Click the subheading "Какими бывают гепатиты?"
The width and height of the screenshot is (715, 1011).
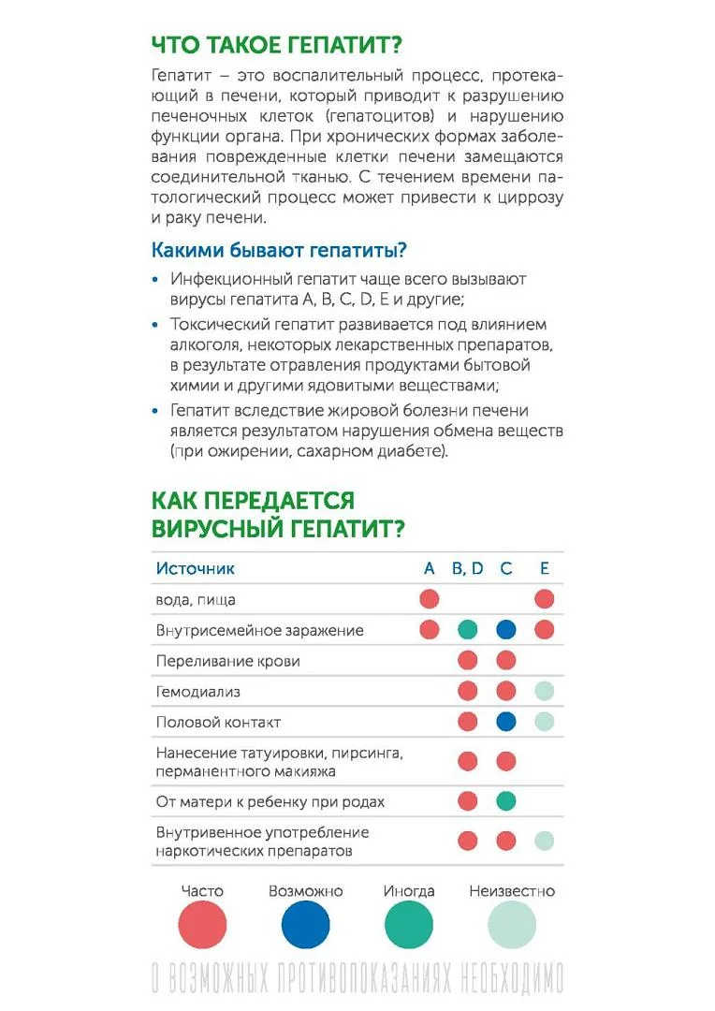pos(278,251)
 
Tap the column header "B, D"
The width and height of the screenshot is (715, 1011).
pos(467,568)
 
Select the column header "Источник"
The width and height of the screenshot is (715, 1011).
pos(196,568)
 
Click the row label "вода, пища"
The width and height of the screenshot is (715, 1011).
pos(196,599)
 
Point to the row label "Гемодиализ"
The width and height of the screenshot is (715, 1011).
pos(198,692)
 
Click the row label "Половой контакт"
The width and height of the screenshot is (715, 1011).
pos(218,723)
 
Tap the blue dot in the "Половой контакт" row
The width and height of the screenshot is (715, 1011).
pos(506,722)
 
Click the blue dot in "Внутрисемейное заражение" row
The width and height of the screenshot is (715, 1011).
pos(506,630)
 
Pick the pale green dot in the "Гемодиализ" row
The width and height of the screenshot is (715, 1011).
pos(545,692)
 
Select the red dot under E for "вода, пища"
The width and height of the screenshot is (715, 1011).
pos(545,599)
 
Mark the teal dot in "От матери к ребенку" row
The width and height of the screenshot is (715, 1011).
pos(506,801)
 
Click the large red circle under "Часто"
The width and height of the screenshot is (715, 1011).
pos(202,926)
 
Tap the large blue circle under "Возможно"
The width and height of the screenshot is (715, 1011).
pos(306,926)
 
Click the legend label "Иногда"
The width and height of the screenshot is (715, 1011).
pos(409,891)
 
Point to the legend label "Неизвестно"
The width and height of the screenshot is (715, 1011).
pos(512,891)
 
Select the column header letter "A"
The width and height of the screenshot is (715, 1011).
pos(430,568)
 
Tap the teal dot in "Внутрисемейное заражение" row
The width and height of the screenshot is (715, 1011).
pos(468,630)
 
